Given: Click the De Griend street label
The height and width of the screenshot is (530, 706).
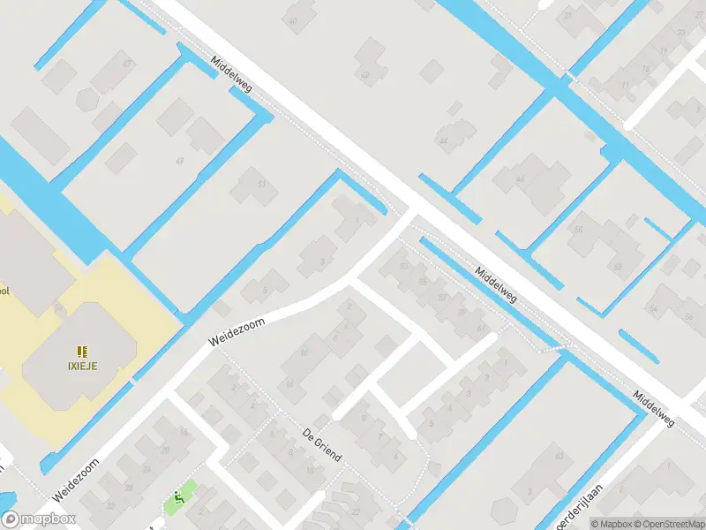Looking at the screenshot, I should pos(321,446).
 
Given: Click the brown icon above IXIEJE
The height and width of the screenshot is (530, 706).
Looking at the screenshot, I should pos(81,350).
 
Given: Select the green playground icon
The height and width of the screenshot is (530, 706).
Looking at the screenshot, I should pos(179,500).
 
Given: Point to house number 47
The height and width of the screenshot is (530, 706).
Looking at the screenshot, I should pos(128,64).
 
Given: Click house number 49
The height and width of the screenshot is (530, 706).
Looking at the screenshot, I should pos(180,161).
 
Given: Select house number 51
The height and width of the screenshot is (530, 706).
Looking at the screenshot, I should pos(261,183).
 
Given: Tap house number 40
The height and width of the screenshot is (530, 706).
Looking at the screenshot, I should pos(364,74).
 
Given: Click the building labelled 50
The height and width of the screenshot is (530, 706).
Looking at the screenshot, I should pos(579,230).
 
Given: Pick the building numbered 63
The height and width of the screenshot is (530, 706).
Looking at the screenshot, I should pos(559,457).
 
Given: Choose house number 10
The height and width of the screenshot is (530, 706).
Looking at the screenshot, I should pos(304,352).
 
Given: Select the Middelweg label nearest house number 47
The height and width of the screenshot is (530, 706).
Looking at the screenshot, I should pos(231,74).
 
